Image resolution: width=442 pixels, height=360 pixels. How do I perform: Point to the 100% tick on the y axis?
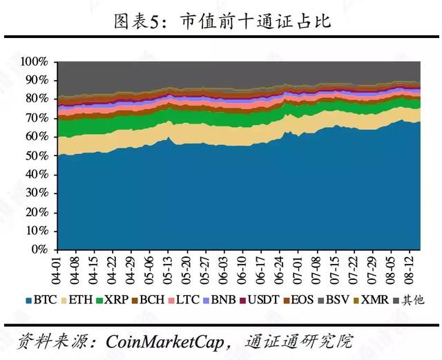click(x=34, y=62)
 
